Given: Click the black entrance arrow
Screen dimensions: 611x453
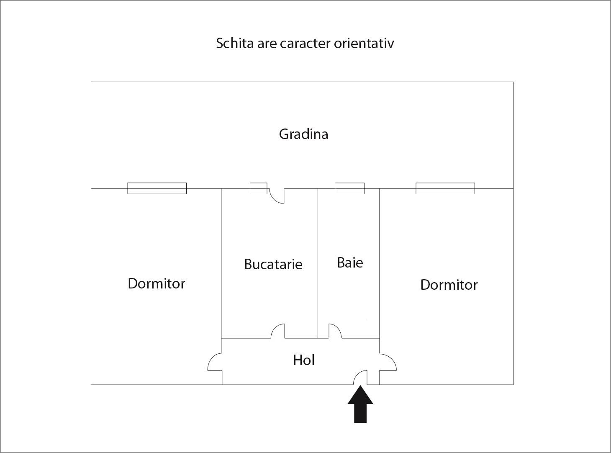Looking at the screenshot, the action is pyautogui.click(x=360, y=404).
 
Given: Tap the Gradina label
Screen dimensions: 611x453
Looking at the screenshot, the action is pyautogui.click(x=303, y=134).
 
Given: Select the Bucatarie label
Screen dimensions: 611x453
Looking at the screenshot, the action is pyautogui.click(x=273, y=264).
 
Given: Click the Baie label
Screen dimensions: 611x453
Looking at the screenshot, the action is pyautogui.click(x=350, y=263).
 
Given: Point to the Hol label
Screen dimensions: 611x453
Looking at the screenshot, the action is pyautogui.click(x=303, y=360).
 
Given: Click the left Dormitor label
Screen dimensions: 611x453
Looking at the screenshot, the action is pyautogui.click(x=157, y=283).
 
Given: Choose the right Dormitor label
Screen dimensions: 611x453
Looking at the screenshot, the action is pyautogui.click(x=449, y=285).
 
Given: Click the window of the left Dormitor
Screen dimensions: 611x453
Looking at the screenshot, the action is pyautogui.click(x=157, y=188).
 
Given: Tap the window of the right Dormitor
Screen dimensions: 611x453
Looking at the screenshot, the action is pyautogui.click(x=445, y=188).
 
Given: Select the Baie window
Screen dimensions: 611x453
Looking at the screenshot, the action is pyautogui.click(x=349, y=188).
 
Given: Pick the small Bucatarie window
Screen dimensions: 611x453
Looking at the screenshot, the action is pyautogui.click(x=258, y=188).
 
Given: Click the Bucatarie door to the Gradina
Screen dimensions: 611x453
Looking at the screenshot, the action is pyautogui.click(x=277, y=196).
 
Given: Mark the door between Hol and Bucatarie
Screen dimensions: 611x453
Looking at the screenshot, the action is pyautogui.click(x=278, y=331).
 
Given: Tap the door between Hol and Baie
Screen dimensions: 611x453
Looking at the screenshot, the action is pyautogui.click(x=335, y=331).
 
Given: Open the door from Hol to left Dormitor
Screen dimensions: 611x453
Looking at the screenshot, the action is pyautogui.click(x=215, y=362).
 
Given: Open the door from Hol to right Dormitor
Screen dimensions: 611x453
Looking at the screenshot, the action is pyautogui.click(x=388, y=362).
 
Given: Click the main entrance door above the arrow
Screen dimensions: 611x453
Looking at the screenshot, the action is pyautogui.click(x=360, y=378).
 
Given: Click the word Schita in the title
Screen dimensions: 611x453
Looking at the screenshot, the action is pyautogui.click(x=235, y=43).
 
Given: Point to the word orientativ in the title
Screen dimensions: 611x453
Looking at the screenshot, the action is pyautogui.click(x=364, y=43).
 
